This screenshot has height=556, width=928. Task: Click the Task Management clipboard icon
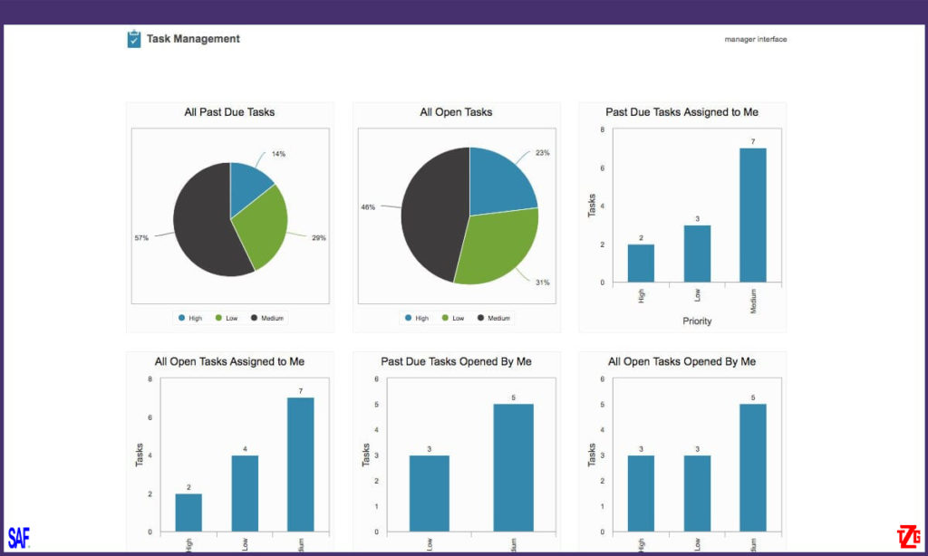click(x=134, y=39)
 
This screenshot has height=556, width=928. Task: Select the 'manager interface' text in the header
click(x=755, y=39)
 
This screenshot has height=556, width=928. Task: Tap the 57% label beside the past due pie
click(x=141, y=238)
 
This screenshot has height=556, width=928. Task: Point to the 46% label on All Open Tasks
click(x=368, y=207)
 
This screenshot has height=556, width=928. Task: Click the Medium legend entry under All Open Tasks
click(x=494, y=318)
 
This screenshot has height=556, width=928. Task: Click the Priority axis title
click(x=697, y=321)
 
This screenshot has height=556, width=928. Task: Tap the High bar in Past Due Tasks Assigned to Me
click(x=641, y=263)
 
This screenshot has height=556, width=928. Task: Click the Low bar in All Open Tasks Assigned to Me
click(x=245, y=494)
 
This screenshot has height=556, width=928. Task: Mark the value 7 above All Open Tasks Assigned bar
click(x=301, y=391)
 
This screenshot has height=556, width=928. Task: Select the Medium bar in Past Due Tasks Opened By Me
click(x=513, y=467)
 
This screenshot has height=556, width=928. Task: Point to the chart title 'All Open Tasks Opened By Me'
click(x=681, y=361)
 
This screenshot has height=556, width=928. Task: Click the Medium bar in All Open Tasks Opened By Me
click(x=753, y=467)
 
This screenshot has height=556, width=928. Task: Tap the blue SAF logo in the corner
click(x=18, y=538)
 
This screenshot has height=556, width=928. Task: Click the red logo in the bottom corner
click(x=908, y=535)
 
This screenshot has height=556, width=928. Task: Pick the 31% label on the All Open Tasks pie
click(x=542, y=283)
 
